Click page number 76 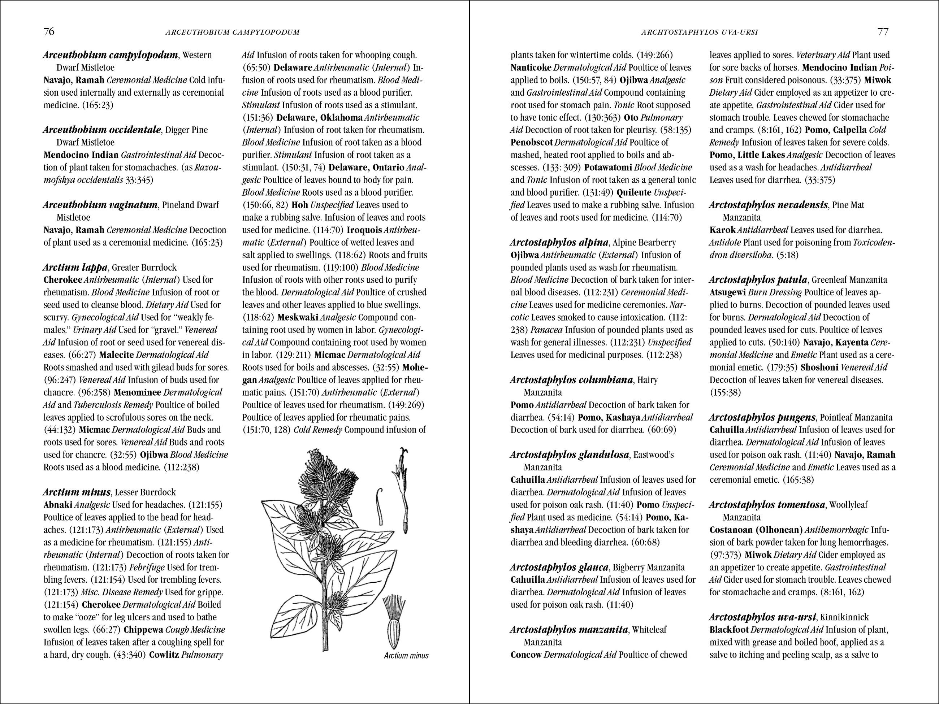[x=49, y=32]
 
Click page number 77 [x=883, y=32]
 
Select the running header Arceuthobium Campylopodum [x=233, y=32]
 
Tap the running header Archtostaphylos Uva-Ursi [x=700, y=32]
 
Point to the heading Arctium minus [x=77, y=492]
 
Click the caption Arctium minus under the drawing [x=406, y=656]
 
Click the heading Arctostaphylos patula [x=758, y=280]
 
